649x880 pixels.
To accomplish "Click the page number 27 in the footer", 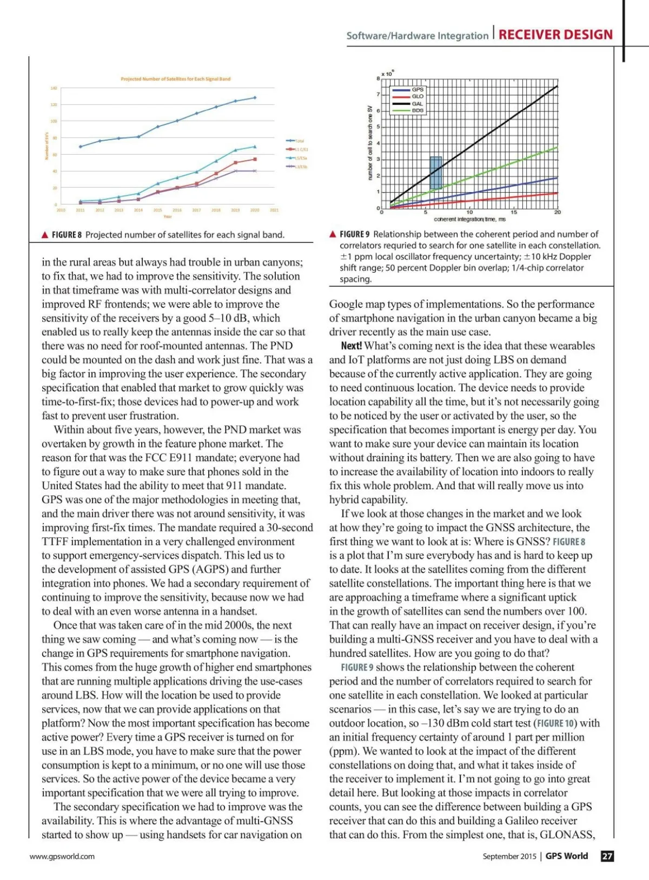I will [x=607, y=856].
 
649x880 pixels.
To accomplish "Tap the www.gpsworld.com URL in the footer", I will [x=62, y=856].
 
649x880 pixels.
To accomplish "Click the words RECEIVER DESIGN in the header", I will [x=555, y=35].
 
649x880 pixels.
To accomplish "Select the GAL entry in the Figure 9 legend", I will [x=418, y=103].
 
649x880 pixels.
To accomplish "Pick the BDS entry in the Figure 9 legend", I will [x=418, y=110].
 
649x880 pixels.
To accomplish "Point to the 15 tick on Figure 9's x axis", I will [x=514, y=213].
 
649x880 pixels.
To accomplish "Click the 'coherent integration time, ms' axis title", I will [x=469, y=219].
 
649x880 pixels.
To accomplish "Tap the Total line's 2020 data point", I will [x=255, y=98].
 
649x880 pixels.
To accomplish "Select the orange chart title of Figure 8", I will [x=175, y=79].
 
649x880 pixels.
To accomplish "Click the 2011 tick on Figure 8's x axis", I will [x=80, y=210].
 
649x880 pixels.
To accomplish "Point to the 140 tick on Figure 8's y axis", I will [x=54, y=88].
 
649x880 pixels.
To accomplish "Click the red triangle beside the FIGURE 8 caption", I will [x=45, y=235].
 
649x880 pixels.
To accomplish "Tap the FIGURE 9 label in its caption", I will [x=354, y=234].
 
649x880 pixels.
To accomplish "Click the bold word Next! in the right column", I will [x=352, y=346].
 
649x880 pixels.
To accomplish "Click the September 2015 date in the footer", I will [x=509, y=856].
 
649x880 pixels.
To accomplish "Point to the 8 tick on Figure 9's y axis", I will [x=378, y=79].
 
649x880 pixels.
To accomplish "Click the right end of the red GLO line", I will [x=557, y=193].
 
